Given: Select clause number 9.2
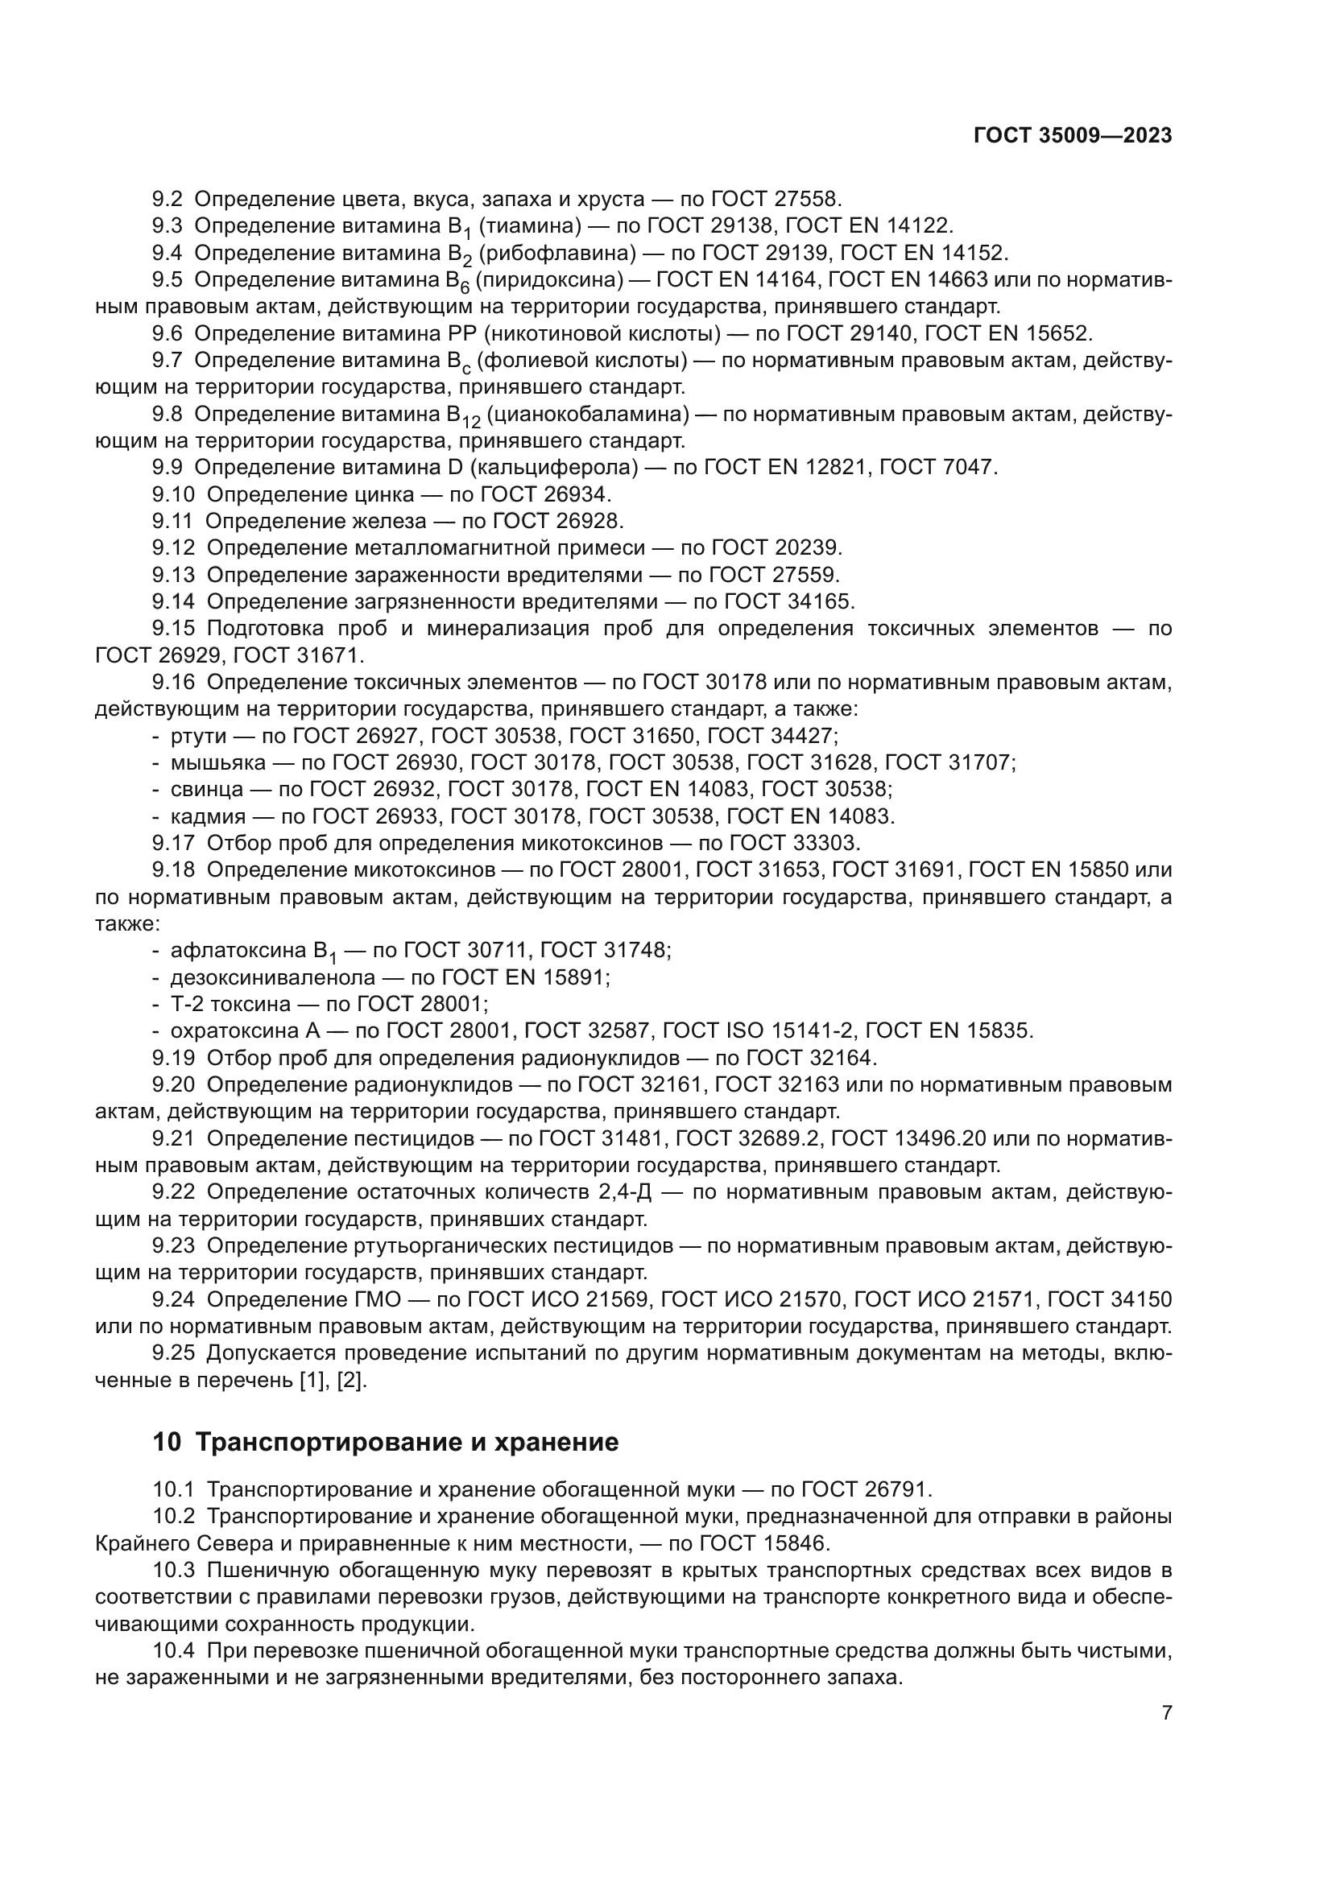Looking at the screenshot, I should point(168,200).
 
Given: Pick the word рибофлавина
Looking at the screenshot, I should point(557,253).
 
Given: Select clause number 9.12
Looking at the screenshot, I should point(173,548).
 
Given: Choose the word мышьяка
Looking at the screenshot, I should point(218,762).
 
